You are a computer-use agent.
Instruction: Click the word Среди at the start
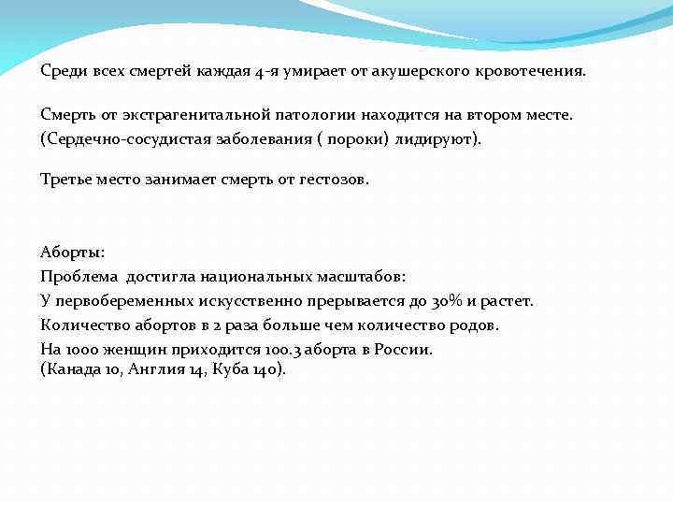click(60, 71)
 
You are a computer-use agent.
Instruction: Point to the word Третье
click(66, 180)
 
